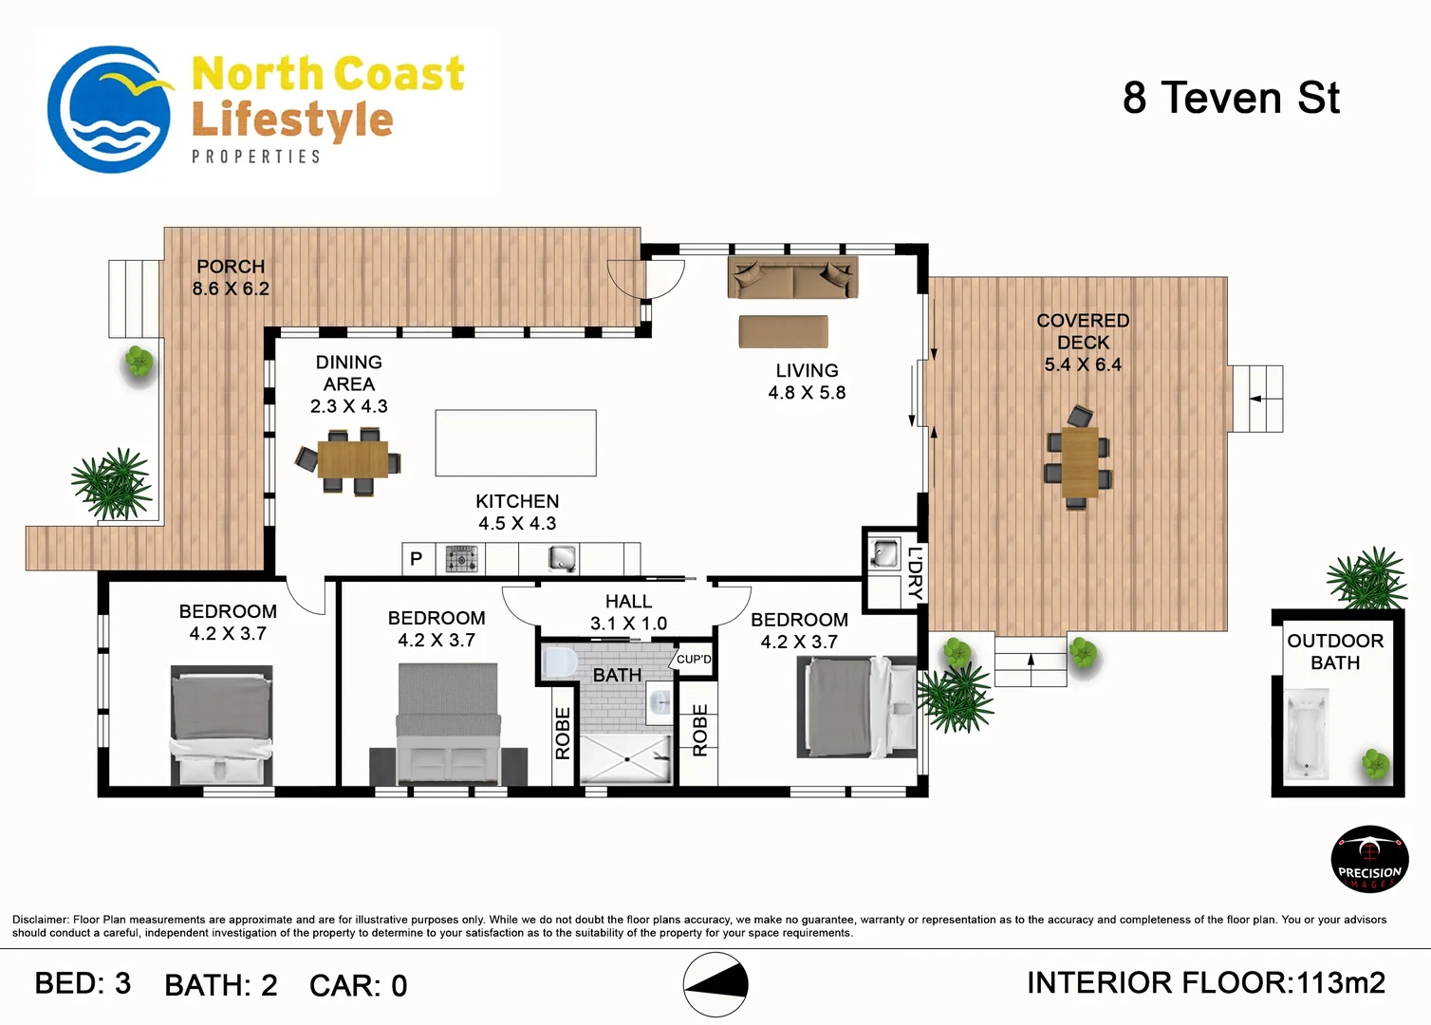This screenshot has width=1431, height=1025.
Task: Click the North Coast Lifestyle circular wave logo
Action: (x=109, y=109)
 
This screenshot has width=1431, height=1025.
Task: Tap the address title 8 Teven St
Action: (x=1231, y=98)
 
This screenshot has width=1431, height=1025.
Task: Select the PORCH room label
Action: (x=231, y=267)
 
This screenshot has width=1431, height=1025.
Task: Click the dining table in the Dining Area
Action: (x=352, y=459)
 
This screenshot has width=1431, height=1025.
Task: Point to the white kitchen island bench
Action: (x=515, y=442)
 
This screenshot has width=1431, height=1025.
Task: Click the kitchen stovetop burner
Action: (x=462, y=559)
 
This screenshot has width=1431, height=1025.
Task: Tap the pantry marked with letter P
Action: (x=416, y=559)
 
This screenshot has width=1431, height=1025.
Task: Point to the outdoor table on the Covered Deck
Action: (x=1079, y=462)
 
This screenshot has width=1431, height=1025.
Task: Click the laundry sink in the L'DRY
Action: (x=884, y=552)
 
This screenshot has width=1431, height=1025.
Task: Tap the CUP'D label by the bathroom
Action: (x=694, y=660)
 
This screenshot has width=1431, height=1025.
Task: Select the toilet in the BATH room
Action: (x=559, y=662)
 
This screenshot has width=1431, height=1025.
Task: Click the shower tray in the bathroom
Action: (x=626, y=758)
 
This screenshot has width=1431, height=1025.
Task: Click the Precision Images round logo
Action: (x=1369, y=859)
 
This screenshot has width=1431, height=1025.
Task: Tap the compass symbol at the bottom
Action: (x=715, y=984)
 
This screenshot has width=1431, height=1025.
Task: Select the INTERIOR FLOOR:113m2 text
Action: (x=1206, y=983)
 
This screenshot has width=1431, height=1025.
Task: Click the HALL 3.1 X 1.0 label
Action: (x=628, y=612)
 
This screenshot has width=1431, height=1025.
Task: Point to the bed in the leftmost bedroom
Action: (x=221, y=724)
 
